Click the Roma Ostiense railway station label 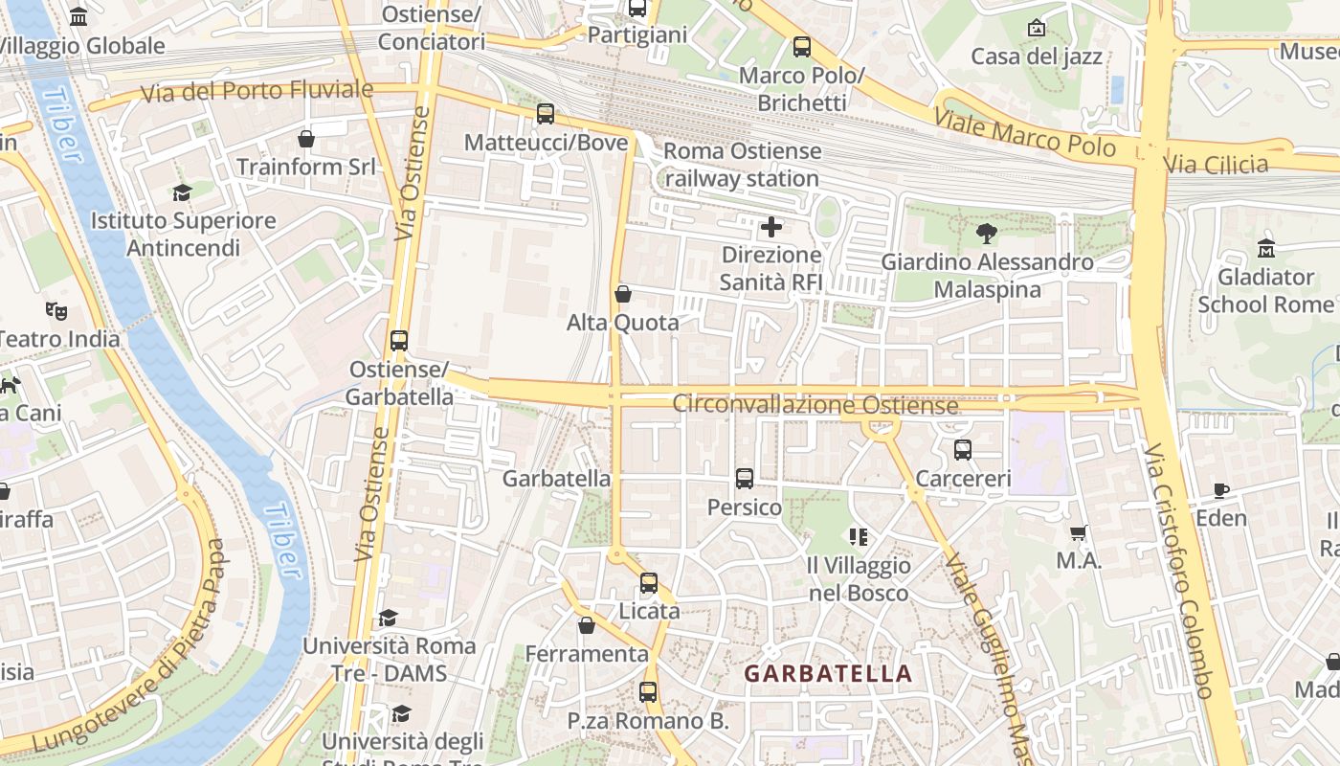[x=742, y=165]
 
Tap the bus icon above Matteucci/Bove [x=546, y=114]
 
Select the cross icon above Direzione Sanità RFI [x=770, y=227]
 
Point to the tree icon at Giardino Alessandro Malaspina [x=986, y=233]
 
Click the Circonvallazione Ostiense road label [x=815, y=405]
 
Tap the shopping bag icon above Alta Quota [x=623, y=294]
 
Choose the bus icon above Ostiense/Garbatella [x=399, y=341]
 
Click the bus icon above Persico [x=745, y=479]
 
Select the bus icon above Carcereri [x=963, y=450]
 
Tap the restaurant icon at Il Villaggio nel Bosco [x=858, y=537]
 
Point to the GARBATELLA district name [x=828, y=674]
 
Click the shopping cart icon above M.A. [x=1079, y=532]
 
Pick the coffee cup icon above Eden [x=1221, y=490]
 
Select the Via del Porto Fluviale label [x=257, y=92]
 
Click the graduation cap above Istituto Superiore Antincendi [x=182, y=192]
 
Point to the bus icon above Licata [x=649, y=582]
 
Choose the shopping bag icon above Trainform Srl [x=306, y=139]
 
